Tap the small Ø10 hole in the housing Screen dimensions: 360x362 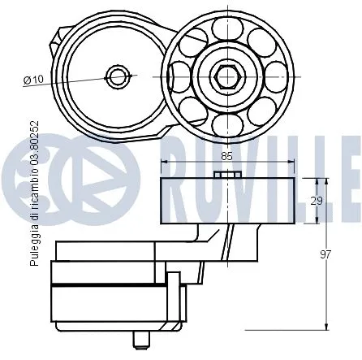click(x=120, y=77)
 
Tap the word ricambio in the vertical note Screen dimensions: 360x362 click(x=33, y=188)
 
